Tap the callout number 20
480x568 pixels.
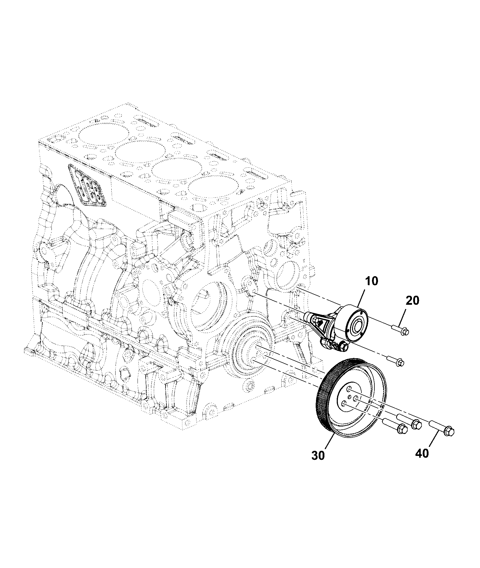pyautogui.click(x=412, y=301)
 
